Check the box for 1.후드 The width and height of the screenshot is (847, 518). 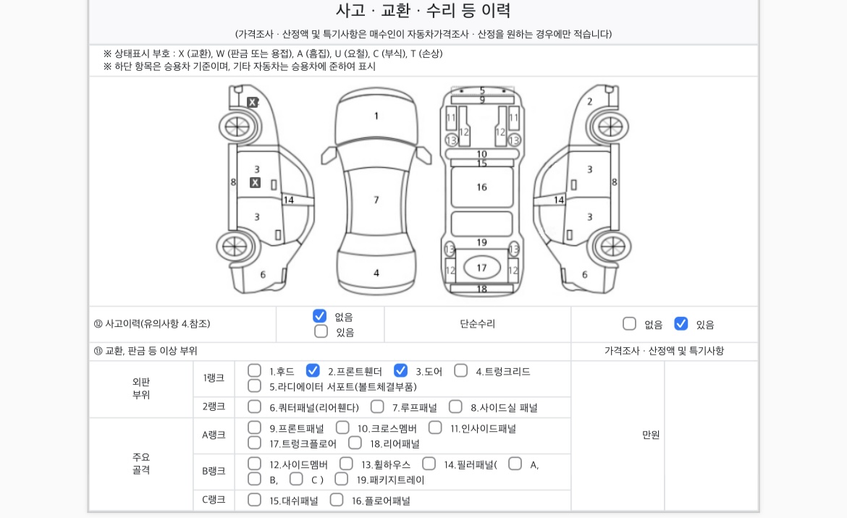[254, 370]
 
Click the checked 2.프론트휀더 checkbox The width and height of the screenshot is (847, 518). [313, 370]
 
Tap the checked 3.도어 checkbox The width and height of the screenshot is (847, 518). [401, 370]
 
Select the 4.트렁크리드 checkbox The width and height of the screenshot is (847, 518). [460, 370]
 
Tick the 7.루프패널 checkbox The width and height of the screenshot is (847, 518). [378, 407]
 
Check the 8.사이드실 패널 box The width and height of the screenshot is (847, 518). [456, 407]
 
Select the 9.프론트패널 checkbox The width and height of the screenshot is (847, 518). [254, 428]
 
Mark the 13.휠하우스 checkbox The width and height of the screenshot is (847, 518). [346, 464]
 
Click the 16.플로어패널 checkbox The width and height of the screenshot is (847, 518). [337, 500]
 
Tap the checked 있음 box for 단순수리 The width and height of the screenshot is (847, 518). [681, 324]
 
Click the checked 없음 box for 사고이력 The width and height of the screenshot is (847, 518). [320, 316]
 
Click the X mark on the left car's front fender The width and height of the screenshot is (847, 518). [252, 102]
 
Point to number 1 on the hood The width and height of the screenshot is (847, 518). [376, 116]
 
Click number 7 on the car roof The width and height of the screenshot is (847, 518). [376, 200]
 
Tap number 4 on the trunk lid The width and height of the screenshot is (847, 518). [376, 273]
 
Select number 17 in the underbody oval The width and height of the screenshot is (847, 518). [481, 268]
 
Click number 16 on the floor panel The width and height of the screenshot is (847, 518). [481, 187]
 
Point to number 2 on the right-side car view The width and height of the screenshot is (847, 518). [590, 101]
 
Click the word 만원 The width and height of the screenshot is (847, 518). [651, 435]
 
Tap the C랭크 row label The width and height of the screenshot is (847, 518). [214, 500]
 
